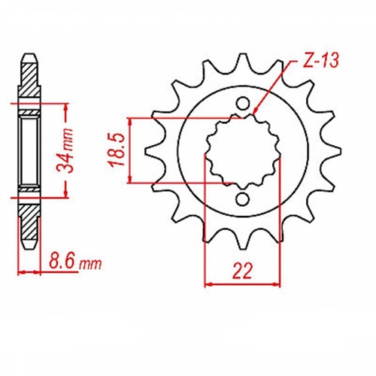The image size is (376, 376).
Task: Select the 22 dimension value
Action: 243,269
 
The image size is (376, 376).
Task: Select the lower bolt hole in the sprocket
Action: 243,199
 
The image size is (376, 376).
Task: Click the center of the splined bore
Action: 243,151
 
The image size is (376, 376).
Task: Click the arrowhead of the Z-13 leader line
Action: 255,114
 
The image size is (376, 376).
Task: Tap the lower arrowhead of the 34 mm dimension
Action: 69,194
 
